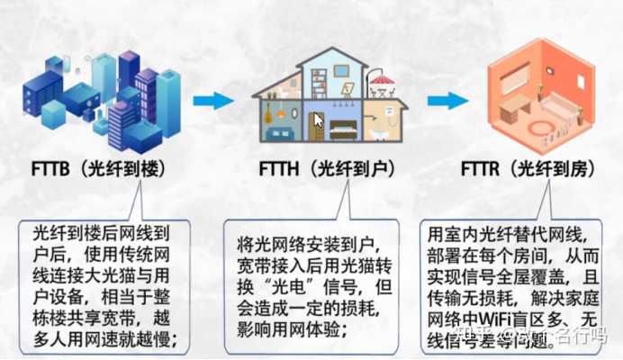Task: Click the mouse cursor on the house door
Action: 318,119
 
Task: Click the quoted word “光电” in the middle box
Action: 283,285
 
